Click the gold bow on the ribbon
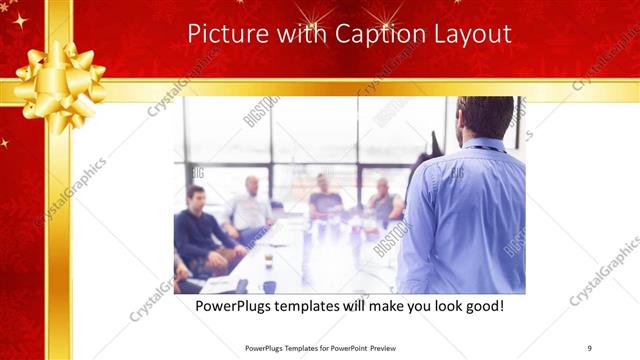[x=59, y=75]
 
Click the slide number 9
[x=590, y=347]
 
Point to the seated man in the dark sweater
[x=199, y=225]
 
